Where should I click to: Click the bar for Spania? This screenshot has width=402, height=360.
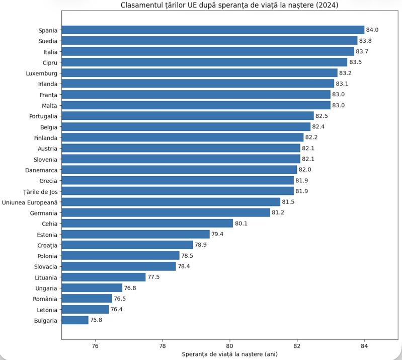pyautogui.click(x=213, y=30)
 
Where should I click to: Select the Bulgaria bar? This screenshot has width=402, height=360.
pyautogui.click(x=75, y=320)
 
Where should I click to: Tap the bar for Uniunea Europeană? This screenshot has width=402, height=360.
pyautogui.click(x=171, y=202)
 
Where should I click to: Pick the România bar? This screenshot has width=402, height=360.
pyautogui.click(x=87, y=299)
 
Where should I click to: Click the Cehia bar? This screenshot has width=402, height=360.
pyautogui.click(x=147, y=223)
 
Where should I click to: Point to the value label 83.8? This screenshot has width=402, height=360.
pyautogui.click(x=365, y=41)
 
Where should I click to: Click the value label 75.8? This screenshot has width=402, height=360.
pyautogui.click(x=96, y=320)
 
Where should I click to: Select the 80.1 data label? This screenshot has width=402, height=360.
pyautogui.click(x=242, y=224)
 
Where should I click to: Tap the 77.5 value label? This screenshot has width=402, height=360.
pyautogui.click(x=153, y=277)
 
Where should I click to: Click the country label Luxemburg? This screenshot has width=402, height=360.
pyautogui.click(x=42, y=74)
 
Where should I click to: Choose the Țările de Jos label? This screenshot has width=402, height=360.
pyautogui.click(x=40, y=192)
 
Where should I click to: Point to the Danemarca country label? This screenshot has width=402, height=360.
pyautogui.click(x=41, y=170)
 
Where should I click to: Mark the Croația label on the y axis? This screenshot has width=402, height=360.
pyautogui.click(x=47, y=246)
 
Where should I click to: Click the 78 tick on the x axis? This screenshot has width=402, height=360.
pyautogui.click(x=163, y=346)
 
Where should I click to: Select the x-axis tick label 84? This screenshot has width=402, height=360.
pyautogui.click(x=364, y=346)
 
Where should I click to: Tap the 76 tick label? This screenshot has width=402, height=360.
pyautogui.click(x=95, y=346)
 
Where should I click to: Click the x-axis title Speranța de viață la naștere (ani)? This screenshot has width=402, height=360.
pyautogui.click(x=230, y=354)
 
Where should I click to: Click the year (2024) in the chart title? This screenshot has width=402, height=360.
pyautogui.click(x=327, y=5)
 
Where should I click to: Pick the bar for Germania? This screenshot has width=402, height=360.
pyautogui.click(x=166, y=212)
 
